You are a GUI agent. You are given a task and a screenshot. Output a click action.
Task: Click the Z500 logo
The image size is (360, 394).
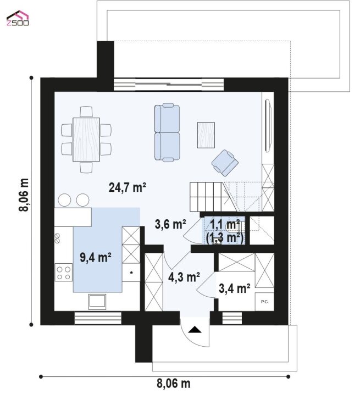point(18,18)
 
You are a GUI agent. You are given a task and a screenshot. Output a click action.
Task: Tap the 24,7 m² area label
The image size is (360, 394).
point(128,187)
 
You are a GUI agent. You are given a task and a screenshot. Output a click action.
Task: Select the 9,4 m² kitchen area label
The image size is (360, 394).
point(96,257)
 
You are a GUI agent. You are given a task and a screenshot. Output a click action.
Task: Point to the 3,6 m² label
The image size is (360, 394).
point(170,224)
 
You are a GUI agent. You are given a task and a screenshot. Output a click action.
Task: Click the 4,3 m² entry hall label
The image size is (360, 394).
point(184,277)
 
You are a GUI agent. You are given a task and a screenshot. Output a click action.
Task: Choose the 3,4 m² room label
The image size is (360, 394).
point(234,288)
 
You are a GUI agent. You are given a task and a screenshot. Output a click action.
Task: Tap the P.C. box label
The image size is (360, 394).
point(265,302)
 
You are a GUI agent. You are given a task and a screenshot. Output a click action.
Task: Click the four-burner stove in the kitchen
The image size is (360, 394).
point(64,273)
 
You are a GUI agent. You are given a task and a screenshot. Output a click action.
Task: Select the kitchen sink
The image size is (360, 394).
point(97,302)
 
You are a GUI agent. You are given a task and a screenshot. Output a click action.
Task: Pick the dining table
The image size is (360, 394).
point(86,140)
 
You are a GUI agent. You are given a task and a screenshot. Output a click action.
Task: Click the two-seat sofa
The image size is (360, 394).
point(167,132)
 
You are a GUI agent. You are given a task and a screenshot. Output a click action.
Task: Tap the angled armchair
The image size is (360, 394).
point(225,163)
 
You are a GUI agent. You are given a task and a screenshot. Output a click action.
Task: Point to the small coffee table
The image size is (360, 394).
point(206,135)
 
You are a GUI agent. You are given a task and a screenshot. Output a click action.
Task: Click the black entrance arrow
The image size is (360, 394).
point(195,329)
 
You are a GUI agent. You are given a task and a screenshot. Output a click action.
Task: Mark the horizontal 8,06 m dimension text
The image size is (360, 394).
point(174,384)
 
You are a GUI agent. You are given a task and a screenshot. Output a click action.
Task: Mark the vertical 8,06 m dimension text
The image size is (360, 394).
point(24,195)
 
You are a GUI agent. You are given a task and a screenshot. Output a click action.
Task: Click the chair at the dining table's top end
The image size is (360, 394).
point(86,112)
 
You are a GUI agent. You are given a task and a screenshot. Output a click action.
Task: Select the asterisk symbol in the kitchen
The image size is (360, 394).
point(131,273)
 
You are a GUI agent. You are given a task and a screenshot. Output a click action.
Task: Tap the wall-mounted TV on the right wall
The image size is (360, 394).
point(268,126)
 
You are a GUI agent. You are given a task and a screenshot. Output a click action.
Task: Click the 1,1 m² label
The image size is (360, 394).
point(225,224)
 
